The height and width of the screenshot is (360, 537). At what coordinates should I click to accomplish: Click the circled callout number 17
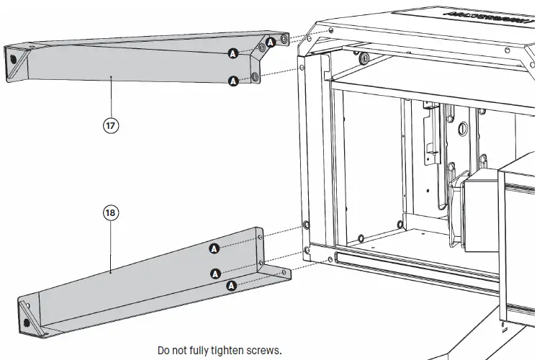tap(110, 125)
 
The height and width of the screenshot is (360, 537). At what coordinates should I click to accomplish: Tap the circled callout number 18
tap(110, 213)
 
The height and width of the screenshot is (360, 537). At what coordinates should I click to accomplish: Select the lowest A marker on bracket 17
tap(233, 81)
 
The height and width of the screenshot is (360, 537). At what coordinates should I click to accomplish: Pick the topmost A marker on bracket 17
tap(271, 43)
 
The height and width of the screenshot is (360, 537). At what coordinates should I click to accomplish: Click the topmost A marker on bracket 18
tap(214, 248)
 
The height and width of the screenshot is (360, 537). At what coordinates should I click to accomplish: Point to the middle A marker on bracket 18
tap(214, 272)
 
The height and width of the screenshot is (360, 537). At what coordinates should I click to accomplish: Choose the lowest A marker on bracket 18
tap(231, 286)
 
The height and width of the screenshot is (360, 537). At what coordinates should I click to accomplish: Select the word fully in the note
tap(190, 351)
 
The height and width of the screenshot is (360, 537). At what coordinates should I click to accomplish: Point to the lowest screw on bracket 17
tap(256, 76)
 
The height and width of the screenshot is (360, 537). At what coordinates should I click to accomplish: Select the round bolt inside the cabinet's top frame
tap(367, 58)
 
